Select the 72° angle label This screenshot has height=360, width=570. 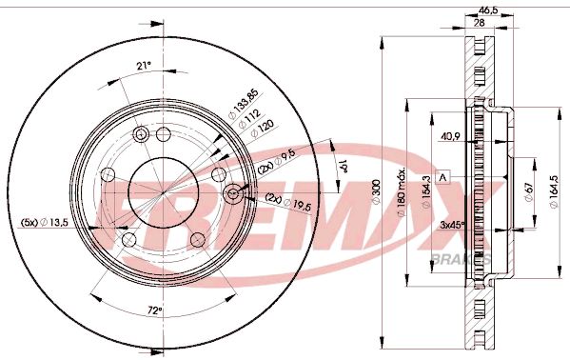[154, 310]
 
